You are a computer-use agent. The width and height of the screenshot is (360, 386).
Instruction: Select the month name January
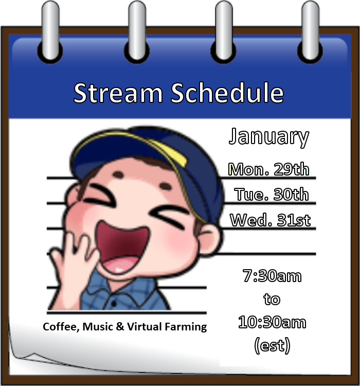(x=269, y=137)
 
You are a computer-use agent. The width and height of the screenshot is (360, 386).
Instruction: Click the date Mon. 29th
(x=269, y=169)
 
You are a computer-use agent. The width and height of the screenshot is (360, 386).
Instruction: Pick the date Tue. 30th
(x=272, y=195)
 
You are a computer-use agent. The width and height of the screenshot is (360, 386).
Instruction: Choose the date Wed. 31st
(x=271, y=220)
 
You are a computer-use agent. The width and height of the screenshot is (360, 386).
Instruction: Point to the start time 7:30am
(x=272, y=276)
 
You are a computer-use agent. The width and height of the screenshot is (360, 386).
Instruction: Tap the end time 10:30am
(x=272, y=323)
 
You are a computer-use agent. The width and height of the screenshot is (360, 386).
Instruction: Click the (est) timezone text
(x=272, y=345)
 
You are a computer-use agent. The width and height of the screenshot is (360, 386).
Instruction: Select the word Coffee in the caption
(x=58, y=327)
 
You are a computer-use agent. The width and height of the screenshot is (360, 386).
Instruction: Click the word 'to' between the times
(x=272, y=299)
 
